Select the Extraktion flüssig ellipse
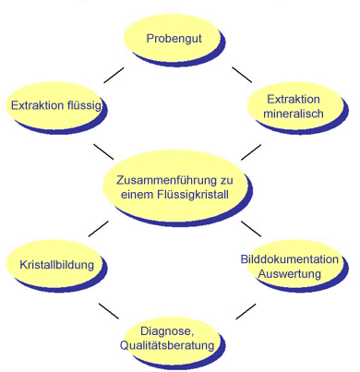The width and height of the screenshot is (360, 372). [x=55, y=104]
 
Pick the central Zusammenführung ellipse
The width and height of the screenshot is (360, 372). [x=174, y=186]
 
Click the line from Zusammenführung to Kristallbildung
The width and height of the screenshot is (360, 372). [x=98, y=228]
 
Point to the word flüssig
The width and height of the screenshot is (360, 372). [x=82, y=105]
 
